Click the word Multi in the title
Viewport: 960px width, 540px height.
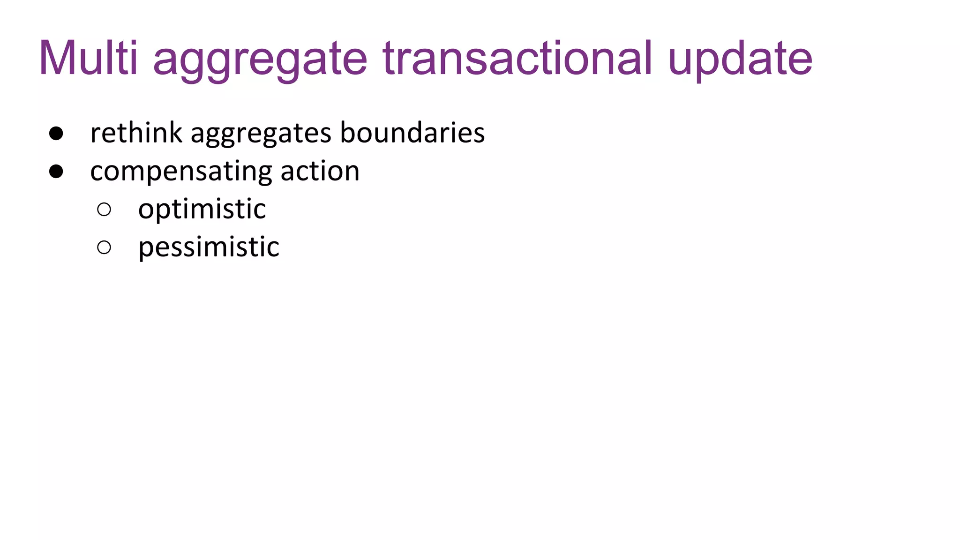[x=88, y=58]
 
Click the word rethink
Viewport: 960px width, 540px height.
[x=136, y=133]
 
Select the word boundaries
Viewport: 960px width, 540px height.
[x=412, y=133]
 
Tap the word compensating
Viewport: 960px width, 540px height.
[x=181, y=172]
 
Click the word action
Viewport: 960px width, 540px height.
[x=320, y=171]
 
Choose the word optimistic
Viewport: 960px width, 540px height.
[x=202, y=209]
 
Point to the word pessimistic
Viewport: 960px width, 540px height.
[x=209, y=247]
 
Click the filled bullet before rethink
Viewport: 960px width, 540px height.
[x=56, y=134]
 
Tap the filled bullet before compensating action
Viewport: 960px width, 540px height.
[x=56, y=172]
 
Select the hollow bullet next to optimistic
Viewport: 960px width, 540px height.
[x=104, y=210]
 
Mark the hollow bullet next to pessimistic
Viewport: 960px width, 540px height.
[x=104, y=247]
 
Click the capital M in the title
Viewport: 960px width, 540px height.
[x=58, y=58]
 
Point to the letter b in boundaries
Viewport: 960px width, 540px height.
[x=347, y=132]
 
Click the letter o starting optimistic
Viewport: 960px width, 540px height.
[x=145, y=210]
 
